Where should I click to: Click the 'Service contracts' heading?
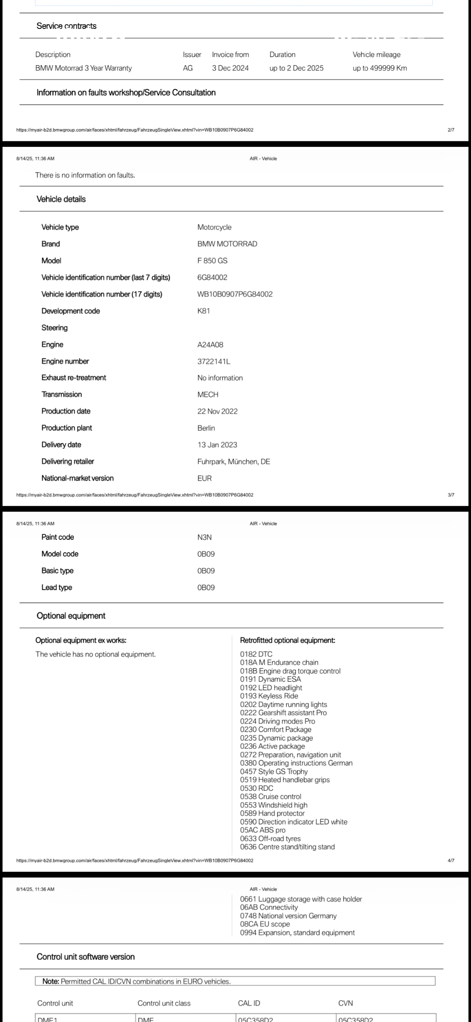(66, 26)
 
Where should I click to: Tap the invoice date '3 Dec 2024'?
(230, 68)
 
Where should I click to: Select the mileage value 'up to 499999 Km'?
(379, 68)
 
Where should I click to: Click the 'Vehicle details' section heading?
(61, 199)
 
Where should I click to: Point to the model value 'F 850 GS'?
(212, 261)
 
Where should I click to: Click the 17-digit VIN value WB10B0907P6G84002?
(235, 294)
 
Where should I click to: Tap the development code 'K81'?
(203, 311)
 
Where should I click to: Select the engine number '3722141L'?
(214, 362)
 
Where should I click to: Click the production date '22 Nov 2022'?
(217, 411)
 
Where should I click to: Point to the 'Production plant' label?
(66, 428)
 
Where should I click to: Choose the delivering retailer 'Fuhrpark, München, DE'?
(234, 462)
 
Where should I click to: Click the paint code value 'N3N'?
(204, 537)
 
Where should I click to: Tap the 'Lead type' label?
(57, 588)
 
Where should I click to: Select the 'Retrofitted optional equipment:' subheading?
(287, 640)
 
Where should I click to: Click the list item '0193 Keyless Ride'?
(269, 696)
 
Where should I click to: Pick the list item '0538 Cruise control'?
(270, 797)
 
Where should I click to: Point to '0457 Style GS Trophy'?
(274, 772)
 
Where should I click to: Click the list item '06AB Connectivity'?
(269, 907)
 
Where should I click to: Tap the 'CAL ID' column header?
(249, 1003)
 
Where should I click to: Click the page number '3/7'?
(451, 495)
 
